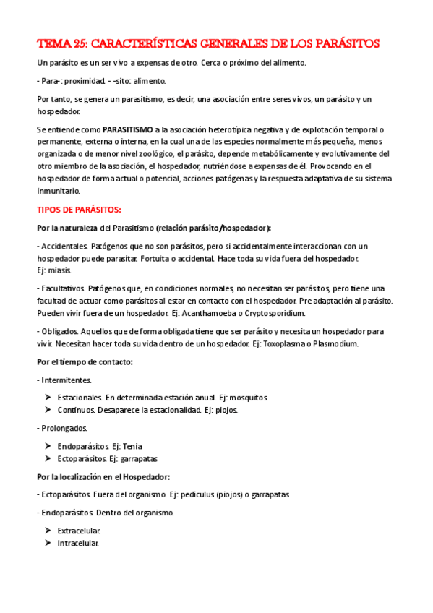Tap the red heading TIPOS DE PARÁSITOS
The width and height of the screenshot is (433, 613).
pos(79,210)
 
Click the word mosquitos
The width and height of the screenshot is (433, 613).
pos(248,398)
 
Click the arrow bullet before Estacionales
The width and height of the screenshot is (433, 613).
pos(48,398)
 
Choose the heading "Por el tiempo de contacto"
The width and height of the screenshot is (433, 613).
pos(85,361)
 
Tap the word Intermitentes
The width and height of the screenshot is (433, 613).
pos(66,380)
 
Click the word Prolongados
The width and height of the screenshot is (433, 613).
pos(64,428)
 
